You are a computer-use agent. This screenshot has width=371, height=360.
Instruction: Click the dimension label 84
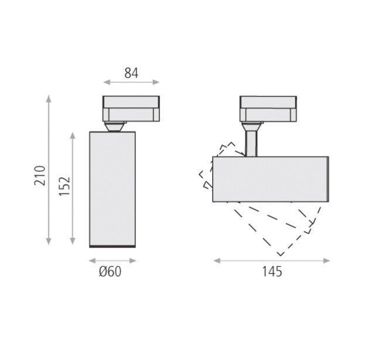(x=131, y=73)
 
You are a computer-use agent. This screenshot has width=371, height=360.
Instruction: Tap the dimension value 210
(x=40, y=175)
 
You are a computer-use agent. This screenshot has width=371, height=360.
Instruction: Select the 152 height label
(x=64, y=186)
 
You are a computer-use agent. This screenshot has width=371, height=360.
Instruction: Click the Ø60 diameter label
(x=110, y=271)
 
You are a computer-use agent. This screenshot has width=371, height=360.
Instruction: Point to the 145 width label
(x=272, y=271)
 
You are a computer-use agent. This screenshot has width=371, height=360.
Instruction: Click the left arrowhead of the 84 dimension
(x=107, y=82)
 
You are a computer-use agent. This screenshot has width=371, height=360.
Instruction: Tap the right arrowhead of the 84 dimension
(x=156, y=82)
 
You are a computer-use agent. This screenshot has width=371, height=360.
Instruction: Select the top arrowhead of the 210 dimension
(x=49, y=99)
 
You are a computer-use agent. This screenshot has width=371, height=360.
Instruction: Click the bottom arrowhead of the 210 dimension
(x=49, y=241)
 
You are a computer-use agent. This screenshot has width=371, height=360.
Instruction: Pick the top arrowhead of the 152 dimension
(x=73, y=135)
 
